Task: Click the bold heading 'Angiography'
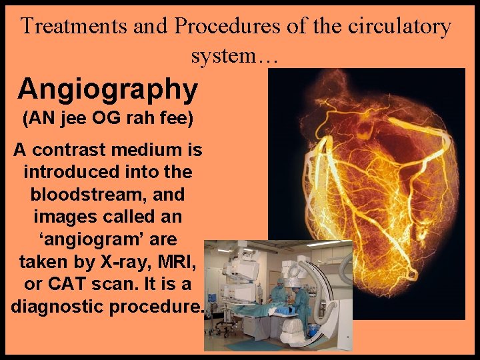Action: click(x=108, y=88)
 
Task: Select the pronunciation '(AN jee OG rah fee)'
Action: click(x=107, y=119)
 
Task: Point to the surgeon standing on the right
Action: click(x=303, y=300)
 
